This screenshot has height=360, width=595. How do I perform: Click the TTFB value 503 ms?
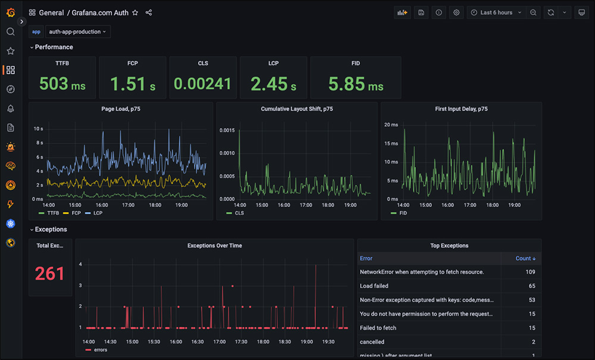tap(62, 84)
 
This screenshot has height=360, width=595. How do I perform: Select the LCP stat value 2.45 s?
tap(273, 84)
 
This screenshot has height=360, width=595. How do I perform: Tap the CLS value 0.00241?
tap(202, 84)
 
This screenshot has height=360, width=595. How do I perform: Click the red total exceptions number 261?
tap(49, 273)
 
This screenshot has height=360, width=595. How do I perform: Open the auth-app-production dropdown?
tap(77, 32)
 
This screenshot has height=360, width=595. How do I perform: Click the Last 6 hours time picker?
tap(496, 12)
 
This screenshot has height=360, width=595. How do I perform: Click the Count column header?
tap(525, 258)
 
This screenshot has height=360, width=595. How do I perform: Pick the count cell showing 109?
tap(530, 272)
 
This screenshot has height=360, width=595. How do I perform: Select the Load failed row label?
tap(374, 286)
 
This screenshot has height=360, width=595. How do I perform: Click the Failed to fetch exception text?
tap(378, 328)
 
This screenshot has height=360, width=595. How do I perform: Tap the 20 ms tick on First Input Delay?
tap(390, 125)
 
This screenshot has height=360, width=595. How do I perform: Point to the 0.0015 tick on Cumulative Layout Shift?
tap(227, 130)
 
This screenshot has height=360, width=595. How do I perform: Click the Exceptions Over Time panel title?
tap(214, 245)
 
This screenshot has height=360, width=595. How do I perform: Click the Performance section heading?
tap(54, 47)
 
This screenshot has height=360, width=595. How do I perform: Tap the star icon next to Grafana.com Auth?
tap(135, 12)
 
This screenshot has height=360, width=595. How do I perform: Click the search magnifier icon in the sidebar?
tap(10, 32)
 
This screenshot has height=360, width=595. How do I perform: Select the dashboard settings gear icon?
tap(456, 12)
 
